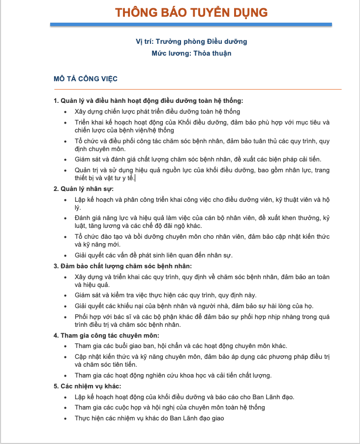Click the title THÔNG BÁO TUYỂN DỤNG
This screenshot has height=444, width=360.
click(191, 12)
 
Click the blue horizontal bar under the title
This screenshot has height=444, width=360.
click(191, 24)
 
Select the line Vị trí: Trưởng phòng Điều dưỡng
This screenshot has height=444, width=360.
click(191, 41)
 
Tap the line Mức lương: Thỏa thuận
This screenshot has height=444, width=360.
click(191, 53)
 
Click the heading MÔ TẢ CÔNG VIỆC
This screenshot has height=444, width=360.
click(85, 78)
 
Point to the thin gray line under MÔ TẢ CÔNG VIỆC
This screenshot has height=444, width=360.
click(197, 89)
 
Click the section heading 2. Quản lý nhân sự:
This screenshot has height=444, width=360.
click(84, 189)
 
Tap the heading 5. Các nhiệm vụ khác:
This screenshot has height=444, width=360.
click(88, 386)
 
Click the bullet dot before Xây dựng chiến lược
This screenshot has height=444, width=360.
click(66, 112)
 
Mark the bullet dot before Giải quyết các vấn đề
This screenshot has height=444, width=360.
click(66, 255)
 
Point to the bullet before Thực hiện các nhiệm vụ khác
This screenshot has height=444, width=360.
click(66, 418)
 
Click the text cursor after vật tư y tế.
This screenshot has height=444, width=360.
click(135, 178)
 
